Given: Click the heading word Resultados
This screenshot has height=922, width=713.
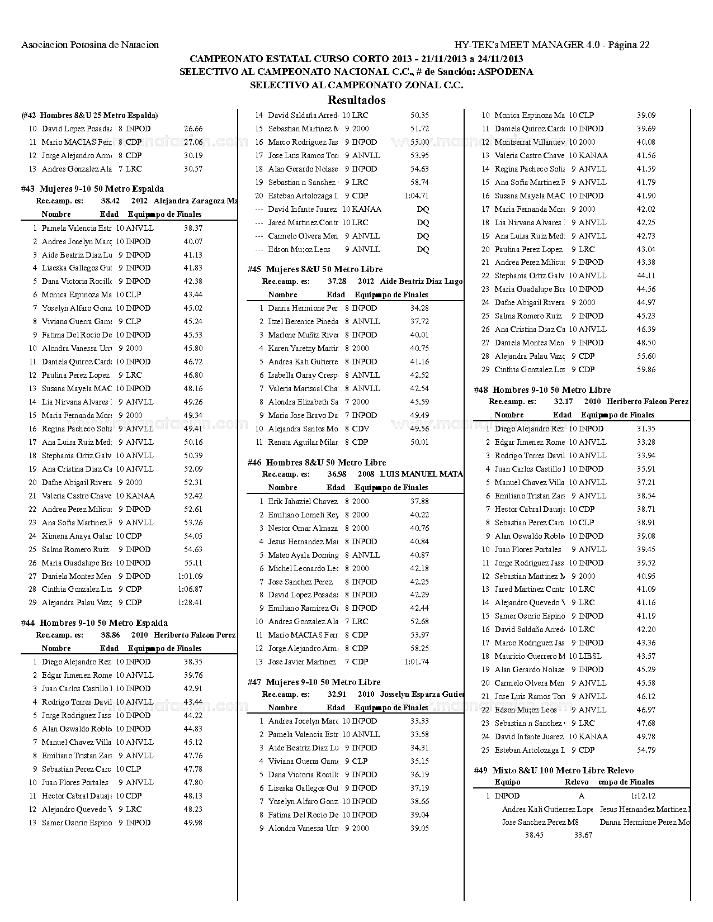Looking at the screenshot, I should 356,101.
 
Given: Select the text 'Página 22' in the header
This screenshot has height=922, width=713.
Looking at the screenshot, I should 629,45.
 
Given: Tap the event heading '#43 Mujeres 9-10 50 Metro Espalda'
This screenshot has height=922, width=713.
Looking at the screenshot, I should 93,189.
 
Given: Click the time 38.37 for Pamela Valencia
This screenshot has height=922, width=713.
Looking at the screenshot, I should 193,228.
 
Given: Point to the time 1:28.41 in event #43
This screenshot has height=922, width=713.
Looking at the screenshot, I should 190,602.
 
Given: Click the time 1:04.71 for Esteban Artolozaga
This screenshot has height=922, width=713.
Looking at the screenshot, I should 416,196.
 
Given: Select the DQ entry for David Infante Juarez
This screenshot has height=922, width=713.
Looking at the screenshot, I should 423,209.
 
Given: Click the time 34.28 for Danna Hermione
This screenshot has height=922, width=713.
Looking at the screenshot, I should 419,308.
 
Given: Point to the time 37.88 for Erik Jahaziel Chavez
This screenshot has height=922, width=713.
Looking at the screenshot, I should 419,501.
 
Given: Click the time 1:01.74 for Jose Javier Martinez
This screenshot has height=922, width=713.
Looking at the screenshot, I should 416,662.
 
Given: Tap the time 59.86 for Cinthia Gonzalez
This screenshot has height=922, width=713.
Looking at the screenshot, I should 646,369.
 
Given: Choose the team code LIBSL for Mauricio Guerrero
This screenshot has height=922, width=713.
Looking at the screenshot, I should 590,656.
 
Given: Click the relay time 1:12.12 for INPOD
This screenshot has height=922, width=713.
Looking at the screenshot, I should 643,796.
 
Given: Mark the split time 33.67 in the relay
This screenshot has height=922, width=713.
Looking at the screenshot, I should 583,835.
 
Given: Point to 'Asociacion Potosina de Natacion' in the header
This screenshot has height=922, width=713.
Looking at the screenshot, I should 90,45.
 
